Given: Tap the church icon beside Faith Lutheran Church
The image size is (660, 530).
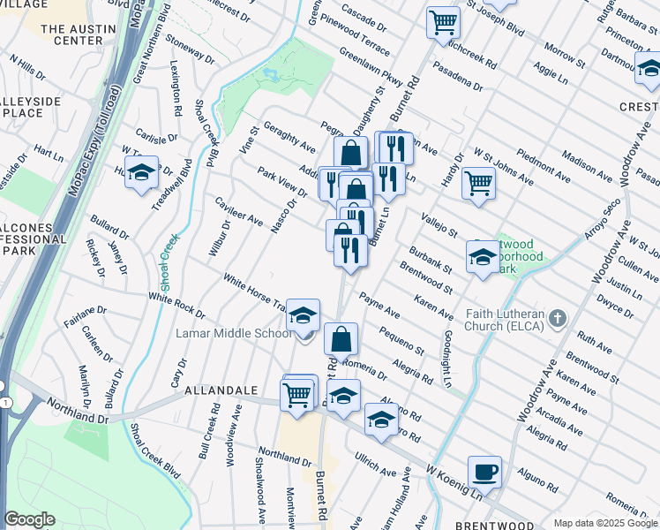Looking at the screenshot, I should tap(557, 317).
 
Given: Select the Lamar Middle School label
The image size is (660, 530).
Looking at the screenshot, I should tap(235, 334).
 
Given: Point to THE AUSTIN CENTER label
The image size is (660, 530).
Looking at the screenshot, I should tap(71, 34).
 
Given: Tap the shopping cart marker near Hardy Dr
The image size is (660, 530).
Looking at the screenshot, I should tap(478, 184).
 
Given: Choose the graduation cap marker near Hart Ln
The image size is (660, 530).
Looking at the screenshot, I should tap(140, 173).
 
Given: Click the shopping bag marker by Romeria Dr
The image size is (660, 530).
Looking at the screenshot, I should tap(341, 338).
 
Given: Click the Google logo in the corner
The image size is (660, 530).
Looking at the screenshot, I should tap(29, 519).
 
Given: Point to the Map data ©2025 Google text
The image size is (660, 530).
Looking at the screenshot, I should tap(605, 523).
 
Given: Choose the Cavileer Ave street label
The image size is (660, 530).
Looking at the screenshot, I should tap(239, 210).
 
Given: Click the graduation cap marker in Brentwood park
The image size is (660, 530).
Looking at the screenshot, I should tap(482, 257).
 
